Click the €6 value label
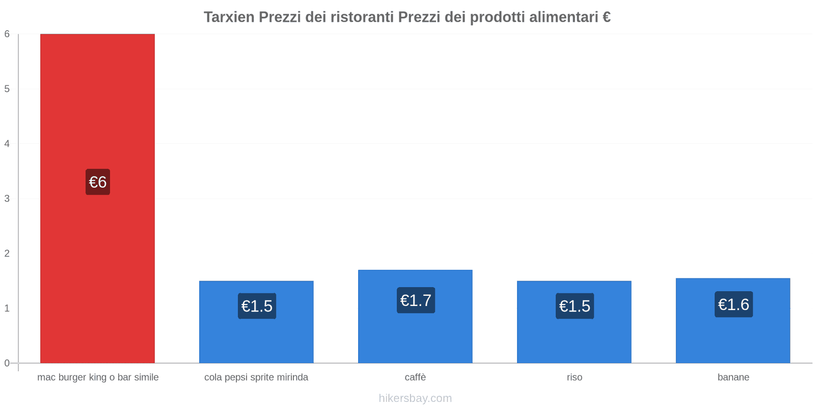point(98,182)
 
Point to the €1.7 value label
point(416,300)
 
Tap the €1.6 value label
point(733,304)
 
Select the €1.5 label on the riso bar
point(575,306)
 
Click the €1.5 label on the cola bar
point(257,306)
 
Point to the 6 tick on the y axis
point(7,34)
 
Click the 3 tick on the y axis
point(7,198)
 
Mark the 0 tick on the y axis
point(7,363)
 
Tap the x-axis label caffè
point(415,377)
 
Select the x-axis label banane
point(733,377)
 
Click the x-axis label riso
point(574,377)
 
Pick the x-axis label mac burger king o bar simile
point(98,377)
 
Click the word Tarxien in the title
point(229,17)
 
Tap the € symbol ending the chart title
point(606,17)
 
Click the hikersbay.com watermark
point(415,398)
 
